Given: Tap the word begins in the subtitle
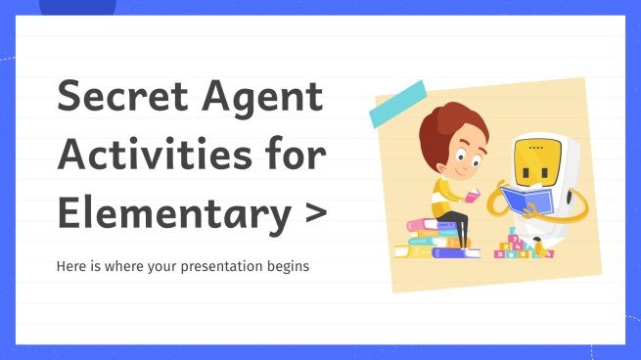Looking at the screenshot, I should pos(288,266).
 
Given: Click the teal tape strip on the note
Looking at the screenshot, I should pos(396,104).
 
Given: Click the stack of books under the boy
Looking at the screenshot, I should pos(435,241).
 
